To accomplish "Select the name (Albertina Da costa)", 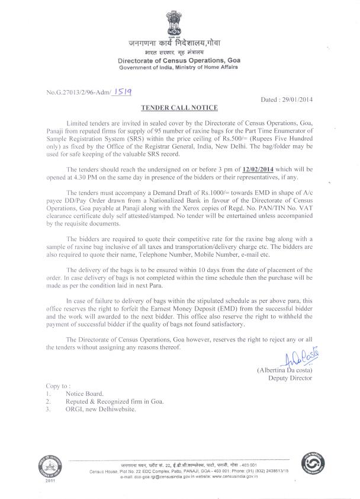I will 284,370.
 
